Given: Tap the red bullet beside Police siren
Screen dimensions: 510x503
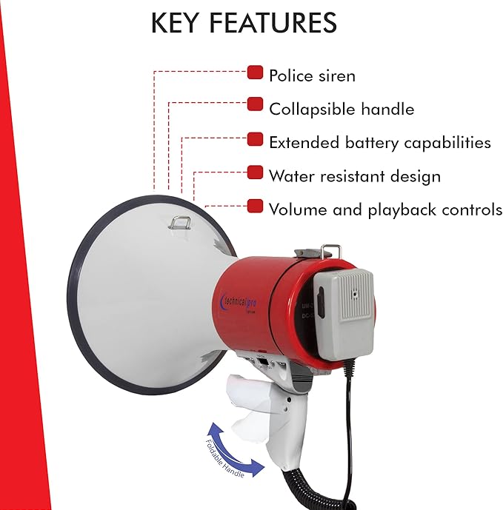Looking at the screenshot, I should [x=255, y=73].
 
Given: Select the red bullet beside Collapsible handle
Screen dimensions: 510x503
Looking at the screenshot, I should [x=255, y=104].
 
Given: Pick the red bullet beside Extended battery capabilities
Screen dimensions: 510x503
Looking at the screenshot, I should [x=255, y=138].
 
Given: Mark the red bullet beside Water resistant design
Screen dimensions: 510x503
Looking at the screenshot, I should [x=255, y=172].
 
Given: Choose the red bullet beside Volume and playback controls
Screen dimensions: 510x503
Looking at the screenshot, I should [x=255, y=205].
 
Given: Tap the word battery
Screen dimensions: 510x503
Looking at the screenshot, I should [x=372, y=142].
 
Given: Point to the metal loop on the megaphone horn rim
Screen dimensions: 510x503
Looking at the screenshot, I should [x=179, y=221].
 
